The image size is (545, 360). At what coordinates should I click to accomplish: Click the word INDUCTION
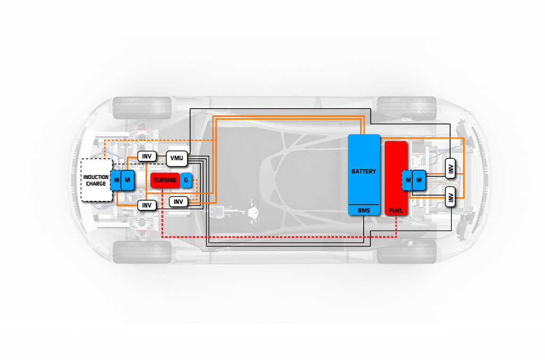click(x=96, y=177)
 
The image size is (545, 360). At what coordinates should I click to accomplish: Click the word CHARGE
click(x=96, y=184)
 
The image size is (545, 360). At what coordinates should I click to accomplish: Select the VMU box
click(x=177, y=158)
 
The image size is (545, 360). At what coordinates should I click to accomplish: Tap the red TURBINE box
click(x=165, y=180)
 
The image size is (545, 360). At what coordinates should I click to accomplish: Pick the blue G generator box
click(x=186, y=180)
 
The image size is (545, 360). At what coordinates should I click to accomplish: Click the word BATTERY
click(x=364, y=171)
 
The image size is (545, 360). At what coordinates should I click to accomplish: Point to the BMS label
click(x=364, y=210)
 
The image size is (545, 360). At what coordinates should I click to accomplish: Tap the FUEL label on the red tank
click(x=396, y=210)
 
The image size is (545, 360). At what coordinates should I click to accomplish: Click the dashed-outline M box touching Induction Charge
click(x=115, y=180)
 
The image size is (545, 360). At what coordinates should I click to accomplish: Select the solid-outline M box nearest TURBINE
click(x=128, y=180)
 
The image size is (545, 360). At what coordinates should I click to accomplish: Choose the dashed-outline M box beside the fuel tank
click(x=407, y=180)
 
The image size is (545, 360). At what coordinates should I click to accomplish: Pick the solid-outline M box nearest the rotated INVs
click(x=419, y=180)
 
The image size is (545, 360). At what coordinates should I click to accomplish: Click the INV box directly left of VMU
click(x=147, y=156)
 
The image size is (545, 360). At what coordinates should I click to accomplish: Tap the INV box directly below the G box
click(x=178, y=202)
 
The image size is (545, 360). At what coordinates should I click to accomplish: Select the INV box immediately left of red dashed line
click(x=147, y=205)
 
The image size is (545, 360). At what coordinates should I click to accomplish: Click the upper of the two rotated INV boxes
click(x=450, y=169)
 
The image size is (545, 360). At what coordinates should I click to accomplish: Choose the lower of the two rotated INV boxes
click(x=450, y=197)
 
